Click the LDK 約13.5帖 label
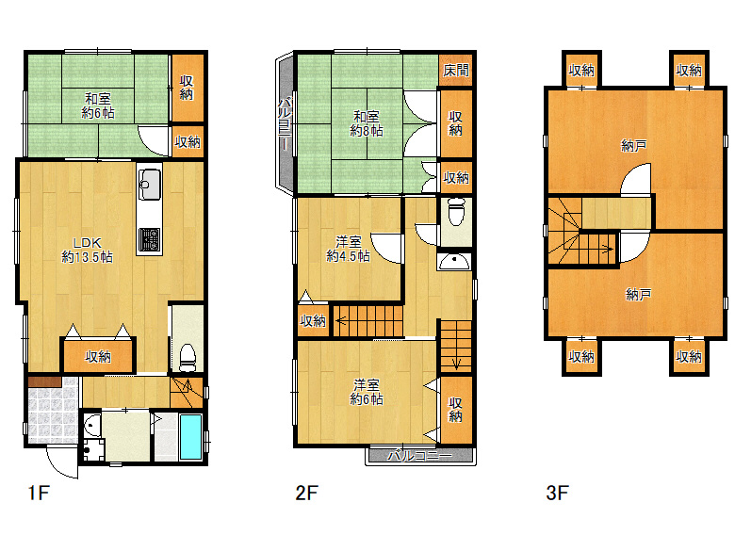pos(88,250)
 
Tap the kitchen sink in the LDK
pos(150,184)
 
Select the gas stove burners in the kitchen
pos(150,239)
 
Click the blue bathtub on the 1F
pos(190,436)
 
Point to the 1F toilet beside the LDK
pos(188,358)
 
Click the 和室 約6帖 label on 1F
pos(98,105)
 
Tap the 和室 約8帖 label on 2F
pos(367,123)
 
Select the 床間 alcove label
pos(456,71)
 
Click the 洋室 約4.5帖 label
pos(348,249)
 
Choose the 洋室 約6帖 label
pos(367,392)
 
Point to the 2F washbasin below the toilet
pos(453,262)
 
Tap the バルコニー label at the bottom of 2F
pos(419,456)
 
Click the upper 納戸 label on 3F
pos(634,146)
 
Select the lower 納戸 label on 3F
pos(639,295)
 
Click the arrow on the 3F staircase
pos(596,250)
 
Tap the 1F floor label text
pos(39,493)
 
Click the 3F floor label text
pos(557,493)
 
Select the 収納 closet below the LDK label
pos(98,357)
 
